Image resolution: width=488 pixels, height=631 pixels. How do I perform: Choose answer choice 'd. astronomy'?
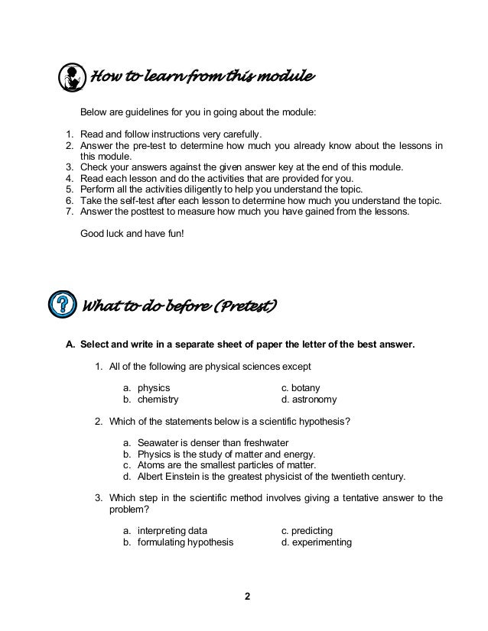[308, 400]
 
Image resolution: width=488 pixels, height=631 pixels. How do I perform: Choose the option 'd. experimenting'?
[316, 543]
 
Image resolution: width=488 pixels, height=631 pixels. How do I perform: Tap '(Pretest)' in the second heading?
[243, 307]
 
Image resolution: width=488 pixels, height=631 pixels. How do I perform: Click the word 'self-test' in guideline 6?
[144, 200]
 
